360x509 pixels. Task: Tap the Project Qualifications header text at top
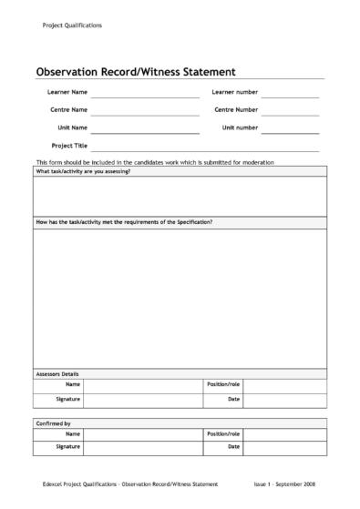tap(72, 25)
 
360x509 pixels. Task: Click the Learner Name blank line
tap(144, 95)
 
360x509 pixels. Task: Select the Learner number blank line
tap(290, 95)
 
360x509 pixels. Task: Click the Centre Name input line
tap(144, 112)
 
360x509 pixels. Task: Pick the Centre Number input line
tap(290, 112)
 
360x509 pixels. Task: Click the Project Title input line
tap(204, 148)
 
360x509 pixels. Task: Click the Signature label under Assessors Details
tap(68, 400)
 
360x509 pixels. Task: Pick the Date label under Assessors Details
tap(234, 400)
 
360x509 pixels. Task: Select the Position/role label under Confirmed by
tap(224, 433)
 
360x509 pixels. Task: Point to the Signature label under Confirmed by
tap(68, 447)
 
